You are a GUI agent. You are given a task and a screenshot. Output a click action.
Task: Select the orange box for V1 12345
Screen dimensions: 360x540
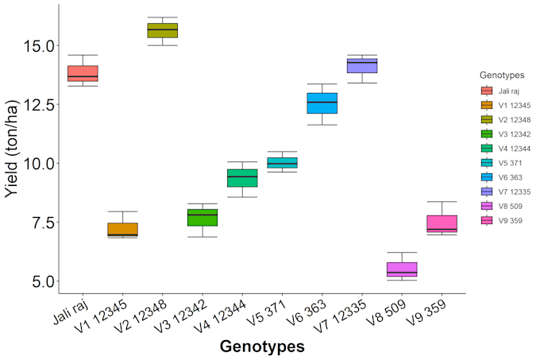(x=122, y=230)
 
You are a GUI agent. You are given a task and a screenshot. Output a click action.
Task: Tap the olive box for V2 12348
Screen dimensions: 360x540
(x=163, y=31)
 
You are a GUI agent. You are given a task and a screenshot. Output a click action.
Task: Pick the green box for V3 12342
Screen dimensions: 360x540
(x=202, y=217)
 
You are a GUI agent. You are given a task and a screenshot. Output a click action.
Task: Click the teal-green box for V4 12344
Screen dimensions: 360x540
(x=242, y=178)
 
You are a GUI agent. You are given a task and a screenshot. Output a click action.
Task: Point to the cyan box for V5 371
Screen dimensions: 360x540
(x=282, y=162)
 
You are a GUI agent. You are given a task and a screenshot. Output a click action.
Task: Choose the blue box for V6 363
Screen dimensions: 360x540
(x=322, y=103)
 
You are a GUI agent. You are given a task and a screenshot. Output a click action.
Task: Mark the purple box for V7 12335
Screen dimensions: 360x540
(x=362, y=66)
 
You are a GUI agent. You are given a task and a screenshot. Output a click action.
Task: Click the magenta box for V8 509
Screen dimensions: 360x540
(x=402, y=269)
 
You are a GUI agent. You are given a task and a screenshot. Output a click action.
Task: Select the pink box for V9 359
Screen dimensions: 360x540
(x=442, y=224)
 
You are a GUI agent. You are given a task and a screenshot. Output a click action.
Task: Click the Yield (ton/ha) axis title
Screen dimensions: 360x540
(x=13, y=149)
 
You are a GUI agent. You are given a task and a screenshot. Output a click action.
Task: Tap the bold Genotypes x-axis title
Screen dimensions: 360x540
(x=262, y=346)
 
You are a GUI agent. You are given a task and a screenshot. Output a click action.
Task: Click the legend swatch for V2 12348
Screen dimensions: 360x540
(x=487, y=120)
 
